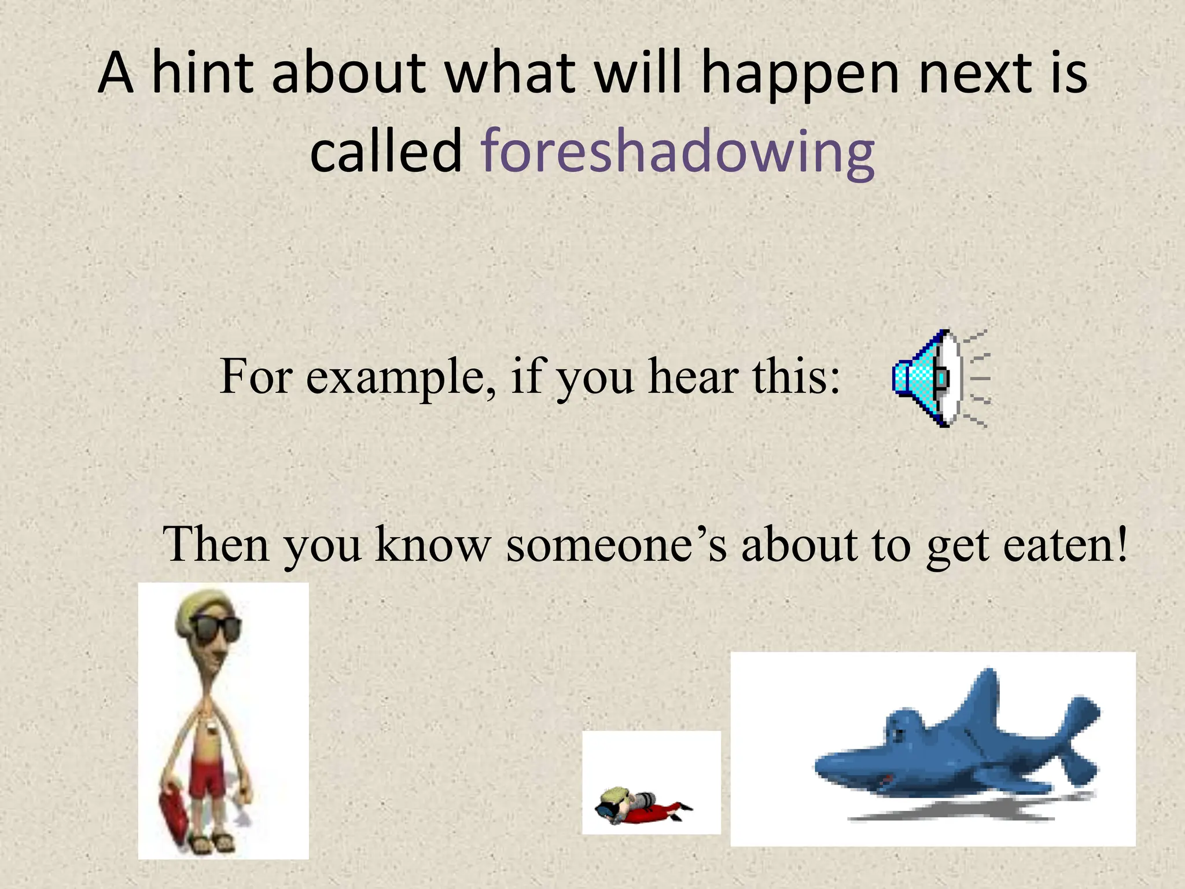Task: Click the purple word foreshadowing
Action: [678, 152]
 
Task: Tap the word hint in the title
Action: [202, 74]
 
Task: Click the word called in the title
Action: [385, 152]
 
